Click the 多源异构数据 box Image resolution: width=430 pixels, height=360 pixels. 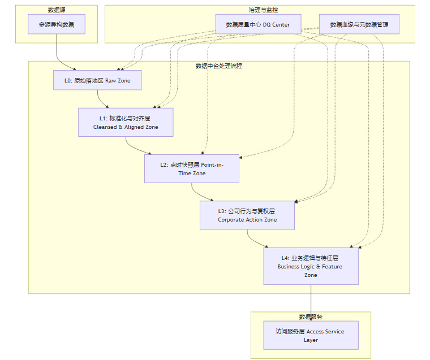click(57, 24)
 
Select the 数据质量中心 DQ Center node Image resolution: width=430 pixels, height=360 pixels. click(257, 24)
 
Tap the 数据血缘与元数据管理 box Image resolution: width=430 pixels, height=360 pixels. click(359, 24)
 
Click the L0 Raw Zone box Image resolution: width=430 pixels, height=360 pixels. click(97, 80)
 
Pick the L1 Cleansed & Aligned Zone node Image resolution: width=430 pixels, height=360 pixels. click(126, 123)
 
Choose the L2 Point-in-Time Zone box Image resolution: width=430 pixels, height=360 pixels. click(191, 168)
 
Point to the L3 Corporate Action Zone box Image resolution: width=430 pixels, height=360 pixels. click(247, 215)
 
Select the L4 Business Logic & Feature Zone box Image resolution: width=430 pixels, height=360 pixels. click(311, 266)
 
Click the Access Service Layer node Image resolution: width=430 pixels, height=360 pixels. click(311, 335)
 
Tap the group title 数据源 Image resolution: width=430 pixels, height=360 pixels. click(57, 10)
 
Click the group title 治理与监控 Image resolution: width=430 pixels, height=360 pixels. click(263, 10)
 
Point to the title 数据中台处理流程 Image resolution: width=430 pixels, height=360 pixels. click(218, 66)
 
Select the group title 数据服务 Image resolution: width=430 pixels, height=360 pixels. click(311, 316)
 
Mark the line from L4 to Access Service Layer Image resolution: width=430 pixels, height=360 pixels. click(311, 300)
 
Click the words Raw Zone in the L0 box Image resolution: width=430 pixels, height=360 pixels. click(118, 81)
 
